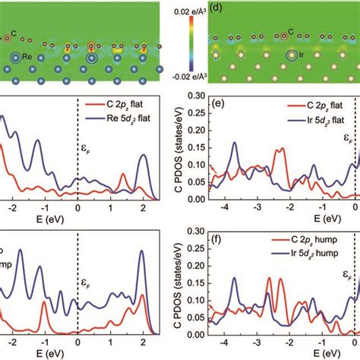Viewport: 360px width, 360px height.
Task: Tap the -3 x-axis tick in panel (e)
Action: [257, 210]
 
